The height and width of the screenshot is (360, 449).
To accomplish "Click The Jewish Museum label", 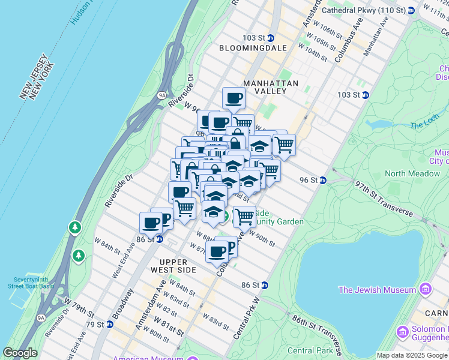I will (377, 290).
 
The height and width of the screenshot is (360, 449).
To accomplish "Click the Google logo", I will (20, 353).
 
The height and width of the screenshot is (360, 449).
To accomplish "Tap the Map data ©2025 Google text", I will (412, 355).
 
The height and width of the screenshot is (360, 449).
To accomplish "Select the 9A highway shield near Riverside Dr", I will (161, 95).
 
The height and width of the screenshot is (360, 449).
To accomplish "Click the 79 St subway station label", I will (100, 324).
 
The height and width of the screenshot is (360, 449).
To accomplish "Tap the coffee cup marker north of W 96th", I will (234, 98).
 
